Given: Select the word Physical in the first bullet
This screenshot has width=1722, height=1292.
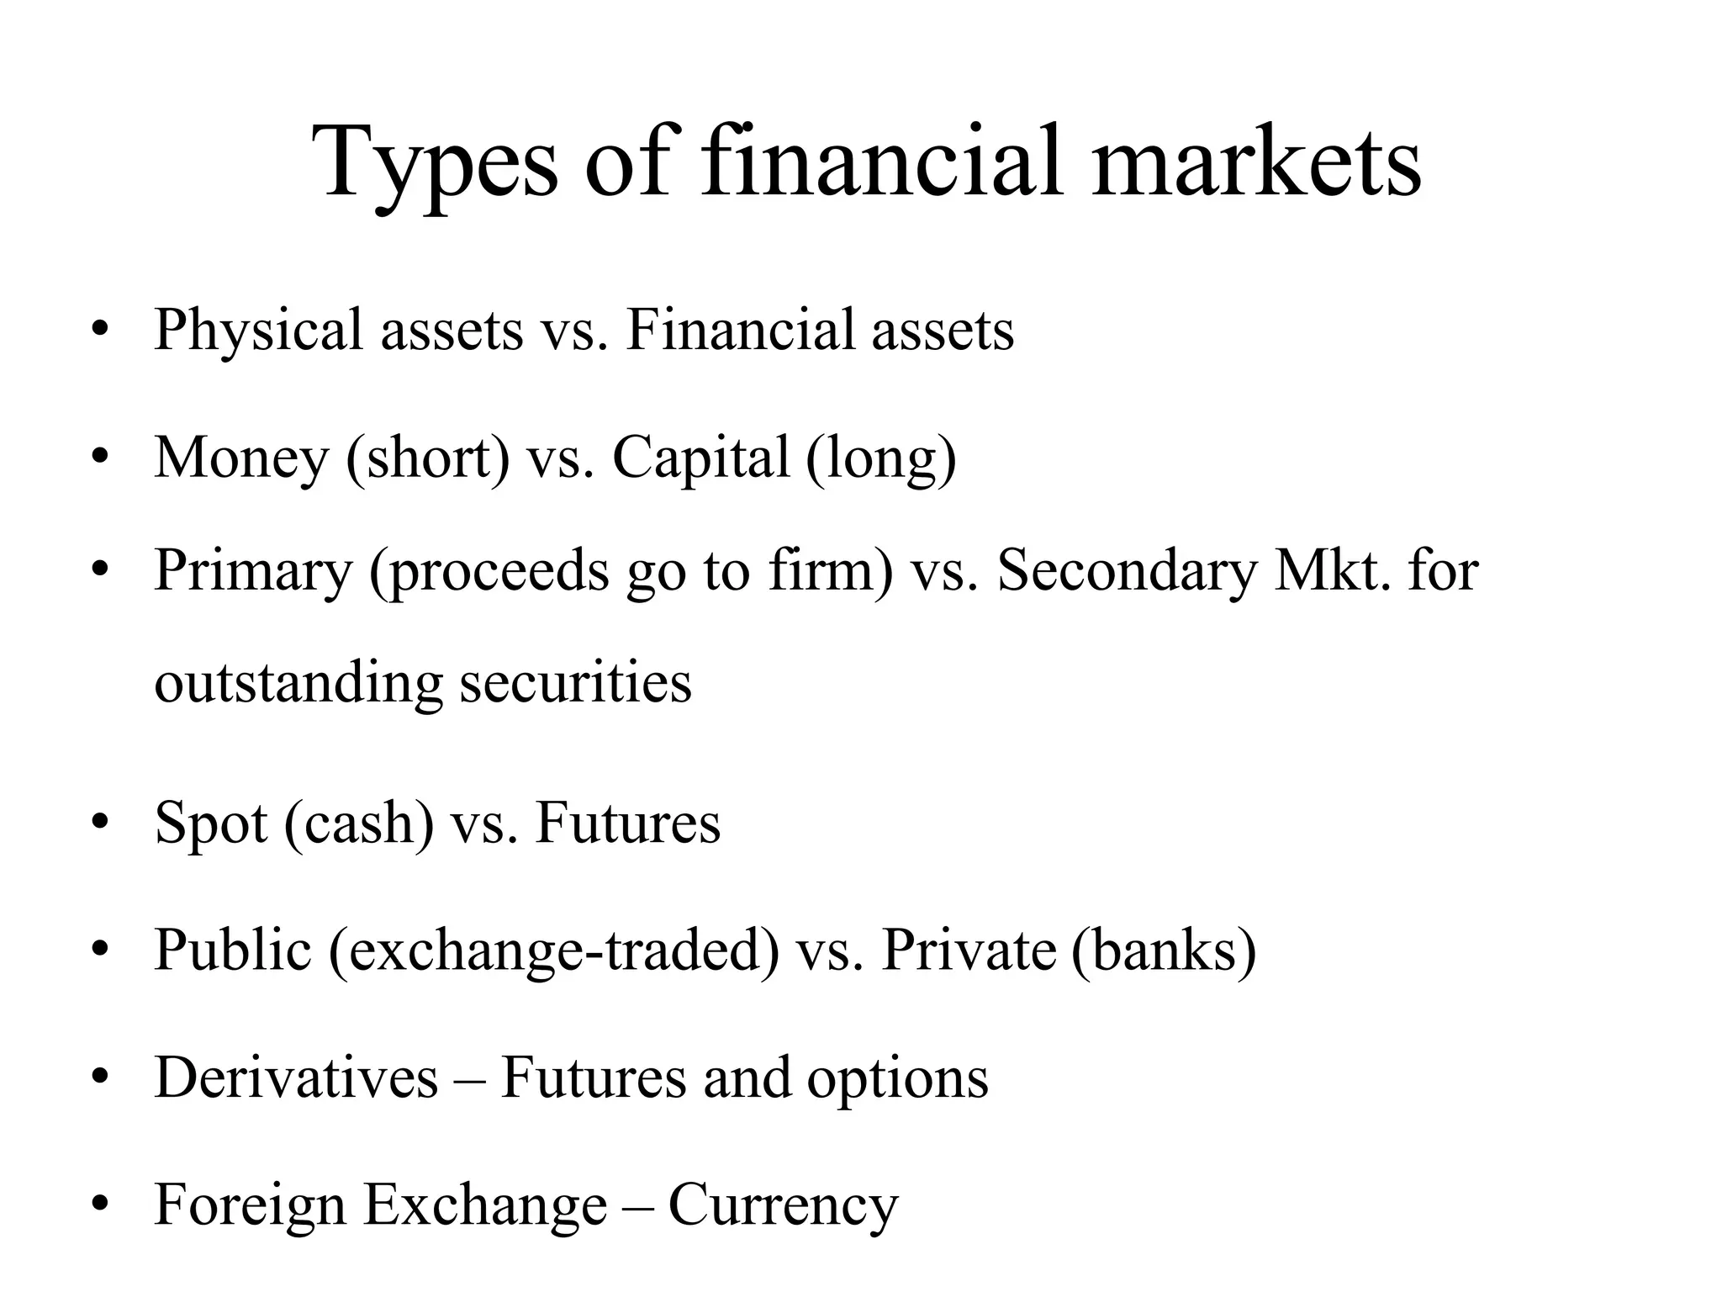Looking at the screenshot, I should pyautogui.click(x=258, y=330).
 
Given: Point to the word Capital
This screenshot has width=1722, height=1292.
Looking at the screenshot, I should pyautogui.click(x=700, y=458).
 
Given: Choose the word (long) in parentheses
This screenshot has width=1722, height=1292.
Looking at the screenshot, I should pyautogui.click(x=881, y=458).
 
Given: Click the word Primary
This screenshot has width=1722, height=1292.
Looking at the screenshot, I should pyautogui.click(x=253, y=571).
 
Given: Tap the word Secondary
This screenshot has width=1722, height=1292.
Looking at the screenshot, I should pyautogui.click(x=1126, y=571).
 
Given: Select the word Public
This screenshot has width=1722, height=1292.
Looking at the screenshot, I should pyautogui.click(x=233, y=950).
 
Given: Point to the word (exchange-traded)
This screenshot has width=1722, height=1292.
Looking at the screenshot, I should pyautogui.click(x=554, y=950).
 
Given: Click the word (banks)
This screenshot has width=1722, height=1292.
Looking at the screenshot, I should pyautogui.click(x=1164, y=950).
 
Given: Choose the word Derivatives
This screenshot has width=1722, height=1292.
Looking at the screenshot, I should pyautogui.click(x=296, y=1078).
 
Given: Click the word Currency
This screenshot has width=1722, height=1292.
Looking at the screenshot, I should pyautogui.click(x=783, y=1205).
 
